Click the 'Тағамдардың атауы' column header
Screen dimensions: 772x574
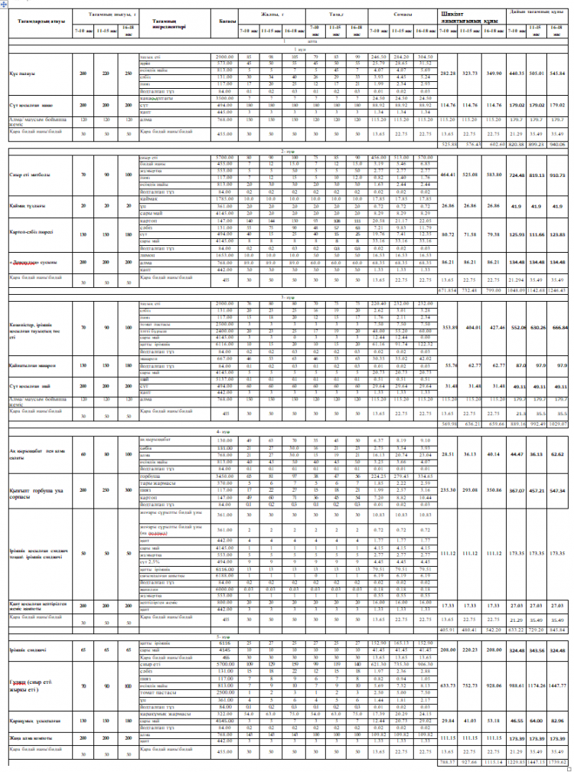coord(36,20)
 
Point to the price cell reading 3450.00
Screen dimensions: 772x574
coord(223,475)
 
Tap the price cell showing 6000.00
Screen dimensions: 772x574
coord(223,589)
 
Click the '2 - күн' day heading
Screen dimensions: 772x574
coord(288,151)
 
